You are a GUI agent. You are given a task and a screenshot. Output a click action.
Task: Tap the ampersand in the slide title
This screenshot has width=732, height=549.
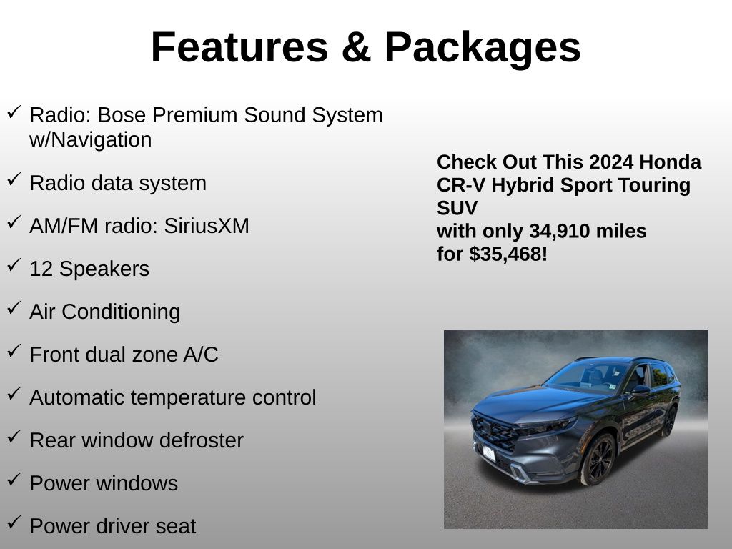[356, 47]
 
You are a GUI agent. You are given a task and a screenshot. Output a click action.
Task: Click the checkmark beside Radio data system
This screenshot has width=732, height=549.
[14, 179]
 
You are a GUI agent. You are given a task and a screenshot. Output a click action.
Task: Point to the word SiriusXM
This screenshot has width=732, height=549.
[207, 226]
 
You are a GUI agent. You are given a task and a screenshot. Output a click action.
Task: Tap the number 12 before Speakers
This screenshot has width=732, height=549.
[41, 269]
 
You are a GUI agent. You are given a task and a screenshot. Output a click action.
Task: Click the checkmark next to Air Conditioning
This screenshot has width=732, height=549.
[14, 307]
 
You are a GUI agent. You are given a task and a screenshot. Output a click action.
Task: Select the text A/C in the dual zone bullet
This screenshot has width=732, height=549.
[201, 355]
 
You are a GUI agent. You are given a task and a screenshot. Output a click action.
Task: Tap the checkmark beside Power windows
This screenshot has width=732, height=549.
[14, 479]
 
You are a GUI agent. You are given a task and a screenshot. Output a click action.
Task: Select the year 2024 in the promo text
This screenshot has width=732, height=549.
[611, 162]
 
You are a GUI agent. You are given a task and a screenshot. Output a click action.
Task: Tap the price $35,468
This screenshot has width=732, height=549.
[505, 254]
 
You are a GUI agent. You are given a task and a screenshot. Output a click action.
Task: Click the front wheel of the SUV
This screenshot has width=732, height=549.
[598, 460]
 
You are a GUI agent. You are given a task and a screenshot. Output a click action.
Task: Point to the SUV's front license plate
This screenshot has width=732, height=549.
[488, 453]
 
